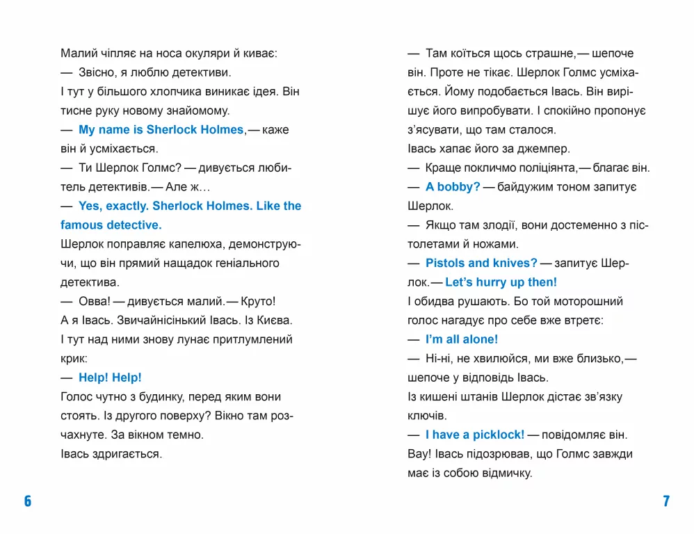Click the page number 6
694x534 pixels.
28,501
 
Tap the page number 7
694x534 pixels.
665,501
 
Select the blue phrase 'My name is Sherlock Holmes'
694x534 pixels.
161,129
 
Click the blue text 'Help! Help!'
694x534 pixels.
110,377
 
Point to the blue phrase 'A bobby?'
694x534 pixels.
453,187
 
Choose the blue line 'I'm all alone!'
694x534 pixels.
462,339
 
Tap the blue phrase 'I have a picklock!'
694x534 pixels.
475,435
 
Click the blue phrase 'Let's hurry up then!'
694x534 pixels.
501,282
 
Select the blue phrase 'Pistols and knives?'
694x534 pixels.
481,263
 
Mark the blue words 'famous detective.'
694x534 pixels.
111,225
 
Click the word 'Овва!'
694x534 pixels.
95,301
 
